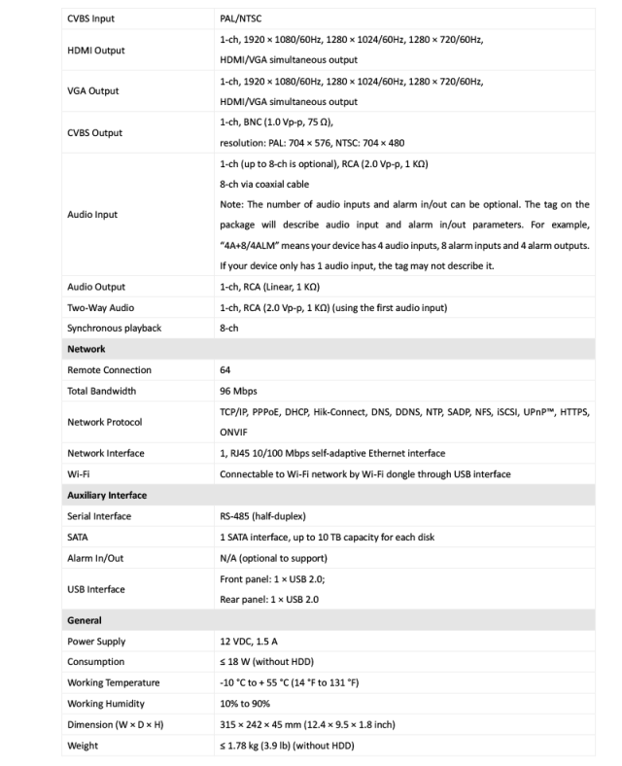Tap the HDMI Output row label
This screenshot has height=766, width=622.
(x=95, y=50)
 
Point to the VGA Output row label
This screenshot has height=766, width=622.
(x=93, y=90)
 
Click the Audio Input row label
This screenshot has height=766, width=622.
(x=92, y=215)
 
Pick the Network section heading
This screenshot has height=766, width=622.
(x=86, y=349)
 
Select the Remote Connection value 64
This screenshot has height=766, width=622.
(x=226, y=370)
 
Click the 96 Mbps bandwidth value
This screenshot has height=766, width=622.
(x=240, y=391)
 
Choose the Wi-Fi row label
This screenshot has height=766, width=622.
(x=79, y=474)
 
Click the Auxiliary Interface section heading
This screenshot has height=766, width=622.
(x=107, y=495)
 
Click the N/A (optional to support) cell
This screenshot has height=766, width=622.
(x=273, y=557)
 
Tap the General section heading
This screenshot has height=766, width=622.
(x=86, y=619)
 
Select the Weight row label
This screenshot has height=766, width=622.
(x=84, y=745)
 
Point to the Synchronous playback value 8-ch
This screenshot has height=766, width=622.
(x=230, y=328)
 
